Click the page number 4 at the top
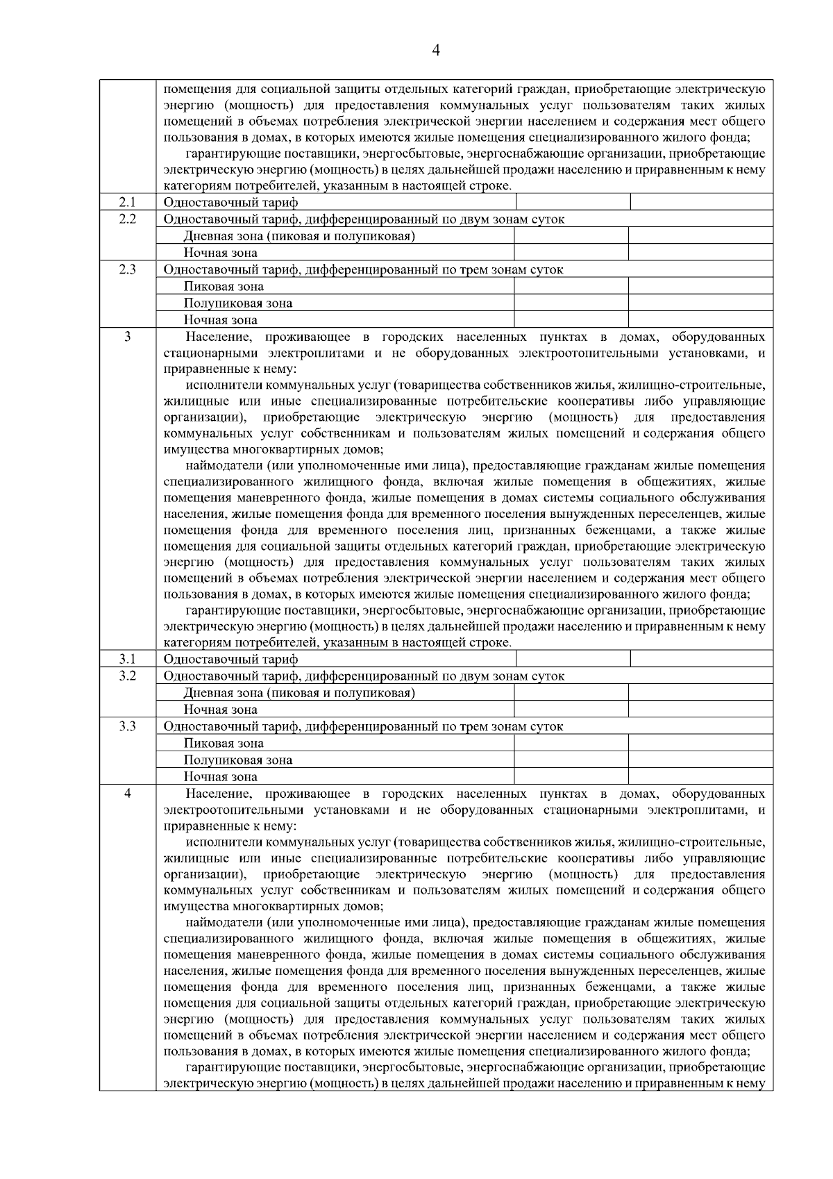[436, 50]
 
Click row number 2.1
[127, 202]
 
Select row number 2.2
[127, 219]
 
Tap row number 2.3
[127, 269]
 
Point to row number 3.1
[127, 659]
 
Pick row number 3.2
[127, 676]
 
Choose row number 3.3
[127, 726]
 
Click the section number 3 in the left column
[127, 337]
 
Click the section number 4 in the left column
[127, 794]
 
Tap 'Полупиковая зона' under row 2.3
[238, 303]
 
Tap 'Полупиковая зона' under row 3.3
[238, 760]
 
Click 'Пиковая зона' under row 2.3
[224, 287]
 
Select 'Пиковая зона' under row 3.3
[224, 744]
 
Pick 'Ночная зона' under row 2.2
[220, 253]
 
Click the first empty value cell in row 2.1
[573, 202]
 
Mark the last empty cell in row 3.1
[701, 659]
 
